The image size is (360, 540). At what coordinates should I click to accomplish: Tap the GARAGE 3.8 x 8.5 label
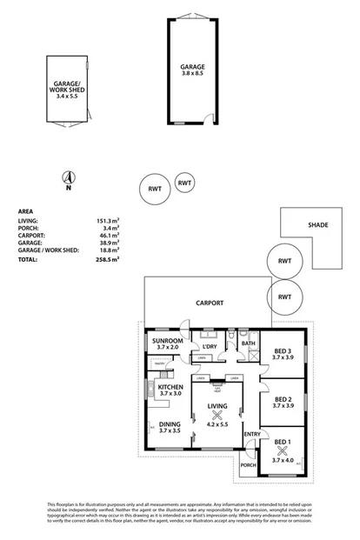[x=193, y=70]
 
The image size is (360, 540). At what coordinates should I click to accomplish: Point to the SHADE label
[x=318, y=225]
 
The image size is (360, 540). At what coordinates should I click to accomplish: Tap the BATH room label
[x=248, y=343]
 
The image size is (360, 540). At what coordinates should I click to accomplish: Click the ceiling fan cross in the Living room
[x=217, y=415]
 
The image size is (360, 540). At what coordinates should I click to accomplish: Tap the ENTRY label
[x=252, y=435]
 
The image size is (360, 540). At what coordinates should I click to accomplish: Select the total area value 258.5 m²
[x=108, y=258]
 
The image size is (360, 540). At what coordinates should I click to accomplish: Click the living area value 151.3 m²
[x=108, y=222]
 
